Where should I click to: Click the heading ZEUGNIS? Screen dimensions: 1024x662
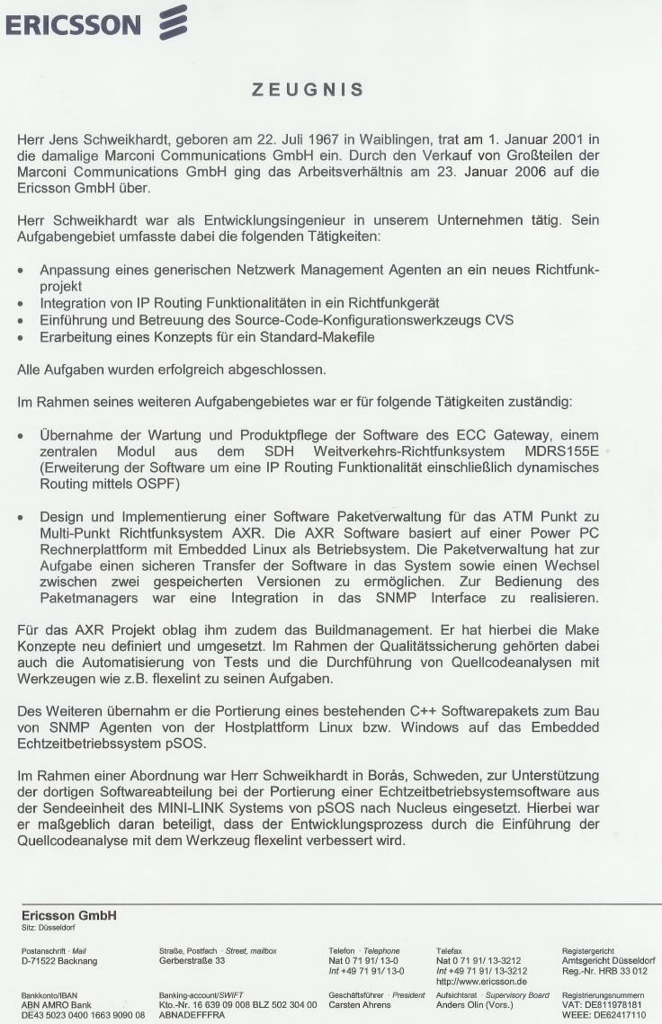(x=308, y=89)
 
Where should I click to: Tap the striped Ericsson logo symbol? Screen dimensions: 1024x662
(x=172, y=22)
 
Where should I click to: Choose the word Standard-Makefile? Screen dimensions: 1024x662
(x=312, y=336)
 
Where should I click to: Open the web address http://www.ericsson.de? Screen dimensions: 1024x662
(x=480, y=981)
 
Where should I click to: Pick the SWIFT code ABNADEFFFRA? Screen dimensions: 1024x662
(x=192, y=1014)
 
